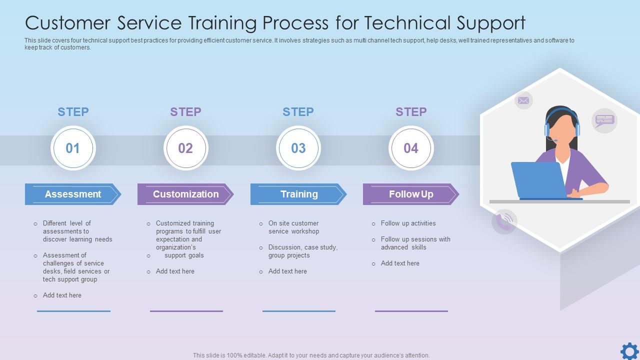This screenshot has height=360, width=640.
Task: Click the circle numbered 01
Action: (x=73, y=148)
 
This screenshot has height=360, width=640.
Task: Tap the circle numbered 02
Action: (x=185, y=148)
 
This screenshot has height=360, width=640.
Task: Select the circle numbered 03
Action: (x=298, y=148)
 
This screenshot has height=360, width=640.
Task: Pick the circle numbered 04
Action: (x=411, y=148)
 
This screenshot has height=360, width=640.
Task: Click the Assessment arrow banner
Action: (x=73, y=194)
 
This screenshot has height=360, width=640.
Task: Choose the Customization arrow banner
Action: (x=185, y=194)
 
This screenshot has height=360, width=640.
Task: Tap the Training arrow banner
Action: (x=298, y=194)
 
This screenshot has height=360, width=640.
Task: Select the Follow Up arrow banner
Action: (x=411, y=194)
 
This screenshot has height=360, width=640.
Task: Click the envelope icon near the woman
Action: (x=523, y=100)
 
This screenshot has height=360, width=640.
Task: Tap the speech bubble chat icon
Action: (x=604, y=120)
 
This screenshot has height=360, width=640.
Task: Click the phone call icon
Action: (x=504, y=221)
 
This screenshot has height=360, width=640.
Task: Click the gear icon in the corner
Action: (x=629, y=351)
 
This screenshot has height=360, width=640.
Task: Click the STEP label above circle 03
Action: (x=298, y=112)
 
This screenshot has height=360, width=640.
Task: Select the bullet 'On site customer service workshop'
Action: (x=293, y=227)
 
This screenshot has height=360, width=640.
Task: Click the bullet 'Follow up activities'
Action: (x=408, y=223)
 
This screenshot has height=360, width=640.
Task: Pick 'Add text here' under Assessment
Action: (x=62, y=295)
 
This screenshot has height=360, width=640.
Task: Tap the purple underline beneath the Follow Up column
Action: (x=411, y=311)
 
